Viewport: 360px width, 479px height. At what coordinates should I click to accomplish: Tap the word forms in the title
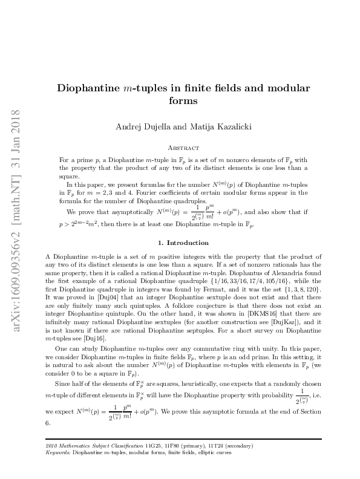(x=184, y=101)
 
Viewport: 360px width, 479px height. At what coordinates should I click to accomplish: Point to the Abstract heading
(x=183, y=146)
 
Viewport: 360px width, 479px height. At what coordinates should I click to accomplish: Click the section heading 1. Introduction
(x=183, y=243)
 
